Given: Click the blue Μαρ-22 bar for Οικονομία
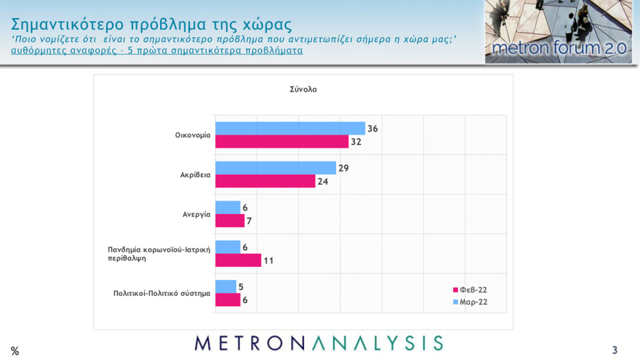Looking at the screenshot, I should tap(289, 129).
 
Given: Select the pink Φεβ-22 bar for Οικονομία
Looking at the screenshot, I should tap(281, 142).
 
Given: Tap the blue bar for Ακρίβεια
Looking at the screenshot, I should tap(275, 168).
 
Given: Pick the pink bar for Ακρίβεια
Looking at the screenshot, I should tap(265, 181).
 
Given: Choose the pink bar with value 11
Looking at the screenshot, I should tap(238, 260).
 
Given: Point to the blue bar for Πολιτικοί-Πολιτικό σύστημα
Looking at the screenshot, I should tap(225, 287).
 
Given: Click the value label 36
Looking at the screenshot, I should tap(372, 129).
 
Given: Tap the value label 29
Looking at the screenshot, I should tap(344, 168).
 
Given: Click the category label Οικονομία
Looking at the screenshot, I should tap(193, 135).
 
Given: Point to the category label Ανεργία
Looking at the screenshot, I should tap(196, 215).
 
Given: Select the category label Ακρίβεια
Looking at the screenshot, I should tap(195, 175).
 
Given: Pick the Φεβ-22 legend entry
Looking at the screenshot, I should tap(469, 289).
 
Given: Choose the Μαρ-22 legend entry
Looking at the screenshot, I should tap(469, 301).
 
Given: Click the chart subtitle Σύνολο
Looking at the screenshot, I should tap(303, 89).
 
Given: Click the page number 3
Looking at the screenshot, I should tap(615, 351).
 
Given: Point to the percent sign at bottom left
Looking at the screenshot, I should tap(15, 351).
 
